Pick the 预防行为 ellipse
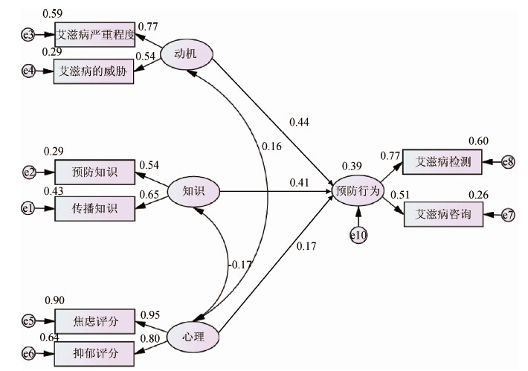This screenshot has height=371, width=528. coord(358,191)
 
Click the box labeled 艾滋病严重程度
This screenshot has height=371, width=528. coord(94,33)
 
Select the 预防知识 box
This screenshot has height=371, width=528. coord(94,172)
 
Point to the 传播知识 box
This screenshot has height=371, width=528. coord(94,208)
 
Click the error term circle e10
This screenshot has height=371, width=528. coord(358,235)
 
